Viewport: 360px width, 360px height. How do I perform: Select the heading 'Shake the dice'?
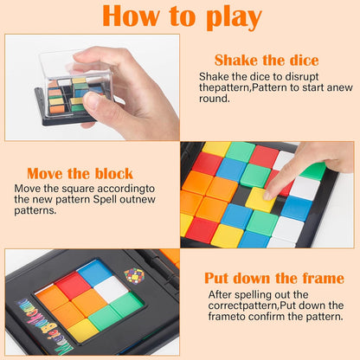pyautogui.click(x=266, y=61)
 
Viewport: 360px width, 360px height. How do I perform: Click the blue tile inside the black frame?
pyautogui.click(x=93, y=272)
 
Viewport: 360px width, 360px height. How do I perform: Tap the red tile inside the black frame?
pyautogui.click(x=73, y=285)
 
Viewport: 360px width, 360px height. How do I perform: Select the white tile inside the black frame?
pyautogui.click(x=111, y=289)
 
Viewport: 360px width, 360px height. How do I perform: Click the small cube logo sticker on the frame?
pyautogui.click(x=134, y=276)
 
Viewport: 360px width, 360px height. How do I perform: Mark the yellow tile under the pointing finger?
pyautogui.click(x=258, y=201)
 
